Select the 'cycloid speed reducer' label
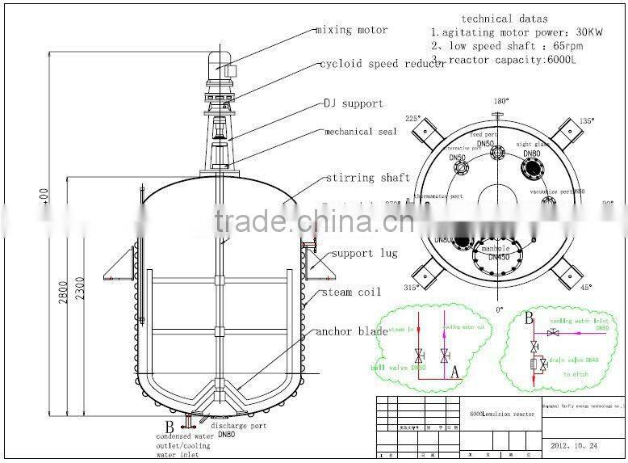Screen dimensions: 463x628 coord(382,64)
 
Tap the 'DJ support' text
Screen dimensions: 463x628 coord(354,104)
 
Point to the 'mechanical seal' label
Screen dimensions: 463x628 coord(360,132)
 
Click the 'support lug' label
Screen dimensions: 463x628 coord(365,254)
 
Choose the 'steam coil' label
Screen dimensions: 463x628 coord(351,293)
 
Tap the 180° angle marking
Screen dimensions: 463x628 coord(500,102)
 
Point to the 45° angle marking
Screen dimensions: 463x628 coord(584,288)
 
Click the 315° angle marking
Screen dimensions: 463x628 coord(413,288)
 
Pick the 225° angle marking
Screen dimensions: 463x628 coord(413,118)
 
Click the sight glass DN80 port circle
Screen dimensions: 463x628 coord(534,168)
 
